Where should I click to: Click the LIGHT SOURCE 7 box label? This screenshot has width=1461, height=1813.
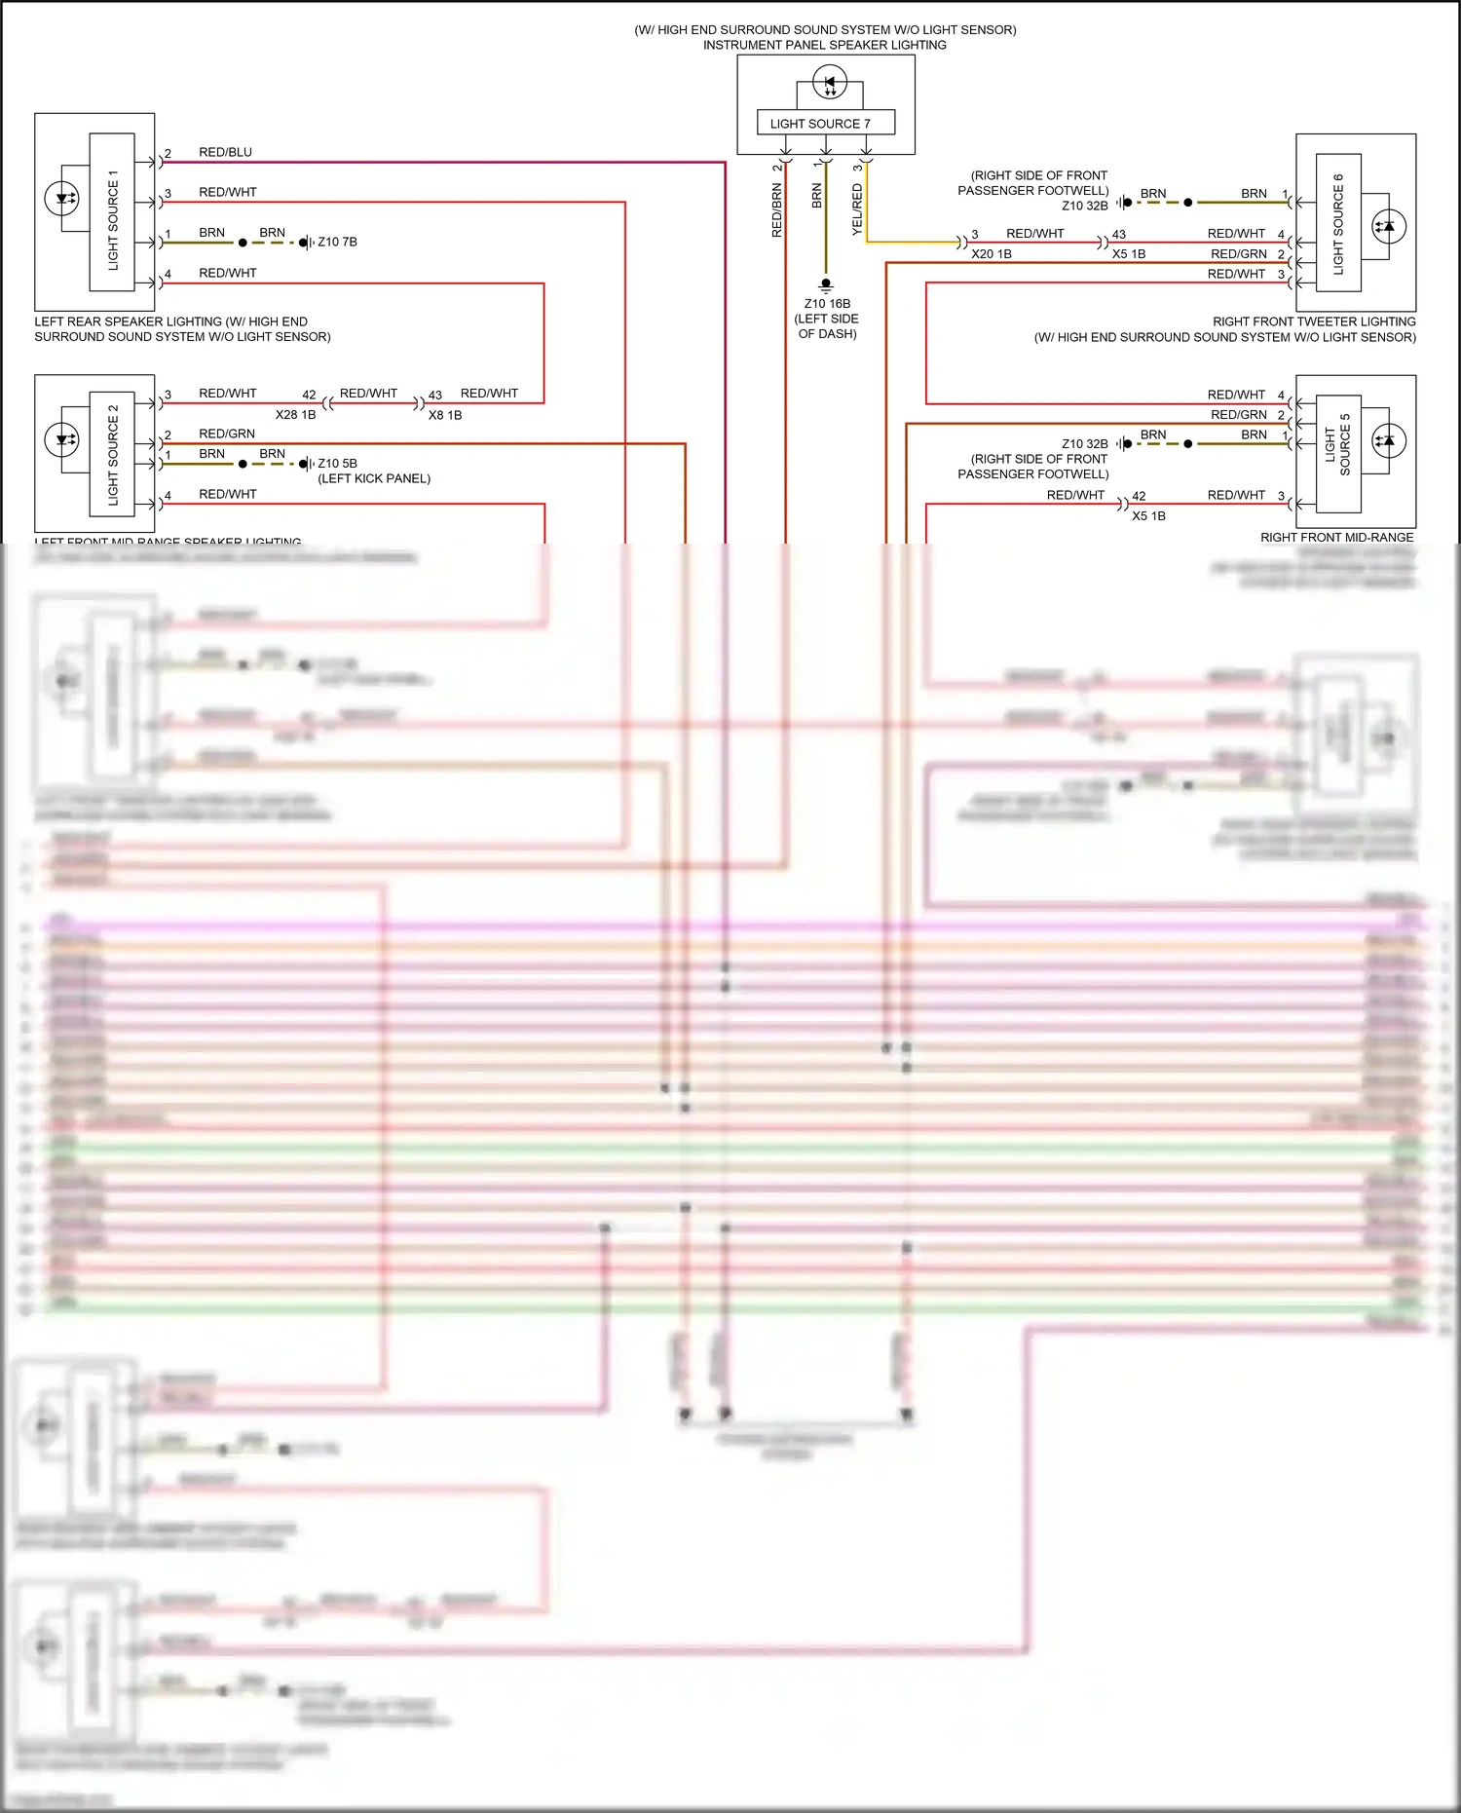(819, 124)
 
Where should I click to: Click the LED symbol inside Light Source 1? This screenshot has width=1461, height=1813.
(62, 199)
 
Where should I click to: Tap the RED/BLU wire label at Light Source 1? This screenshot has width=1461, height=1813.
(225, 152)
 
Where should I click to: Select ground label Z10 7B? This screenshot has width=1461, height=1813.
(337, 242)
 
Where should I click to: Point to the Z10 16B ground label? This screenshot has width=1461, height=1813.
(827, 304)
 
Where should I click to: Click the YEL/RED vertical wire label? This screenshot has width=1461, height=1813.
(857, 208)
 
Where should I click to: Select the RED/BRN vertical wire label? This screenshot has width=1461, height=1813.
(776, 210)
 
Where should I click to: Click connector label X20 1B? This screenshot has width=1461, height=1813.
(991, 254)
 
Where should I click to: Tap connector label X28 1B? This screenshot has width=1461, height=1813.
(295, 415)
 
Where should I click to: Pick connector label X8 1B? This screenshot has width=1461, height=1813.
(445, 415)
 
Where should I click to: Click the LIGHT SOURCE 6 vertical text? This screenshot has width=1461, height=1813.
(1338, 224)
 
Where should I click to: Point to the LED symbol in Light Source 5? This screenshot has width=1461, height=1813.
(1388, 440)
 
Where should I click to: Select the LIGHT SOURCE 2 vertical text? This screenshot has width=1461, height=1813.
(113, 455)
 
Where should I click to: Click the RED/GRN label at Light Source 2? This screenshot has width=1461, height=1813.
(227, 434)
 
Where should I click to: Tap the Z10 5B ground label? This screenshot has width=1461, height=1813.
(337, 464)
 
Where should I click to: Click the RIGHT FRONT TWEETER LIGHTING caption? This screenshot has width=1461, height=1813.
(1313, 321)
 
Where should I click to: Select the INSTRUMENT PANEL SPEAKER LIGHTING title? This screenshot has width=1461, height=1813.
(824, 45)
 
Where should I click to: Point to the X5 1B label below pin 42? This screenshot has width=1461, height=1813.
(1148, 516)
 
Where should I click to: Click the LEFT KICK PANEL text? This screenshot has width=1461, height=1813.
(374, 478)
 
